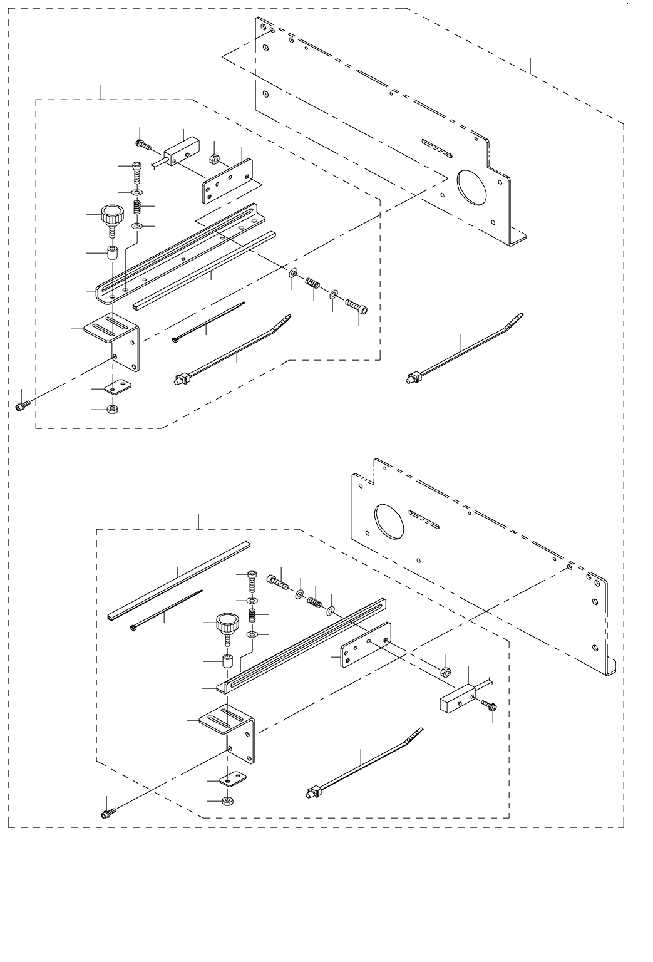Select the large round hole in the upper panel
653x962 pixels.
476,187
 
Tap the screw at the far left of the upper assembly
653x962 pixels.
22,406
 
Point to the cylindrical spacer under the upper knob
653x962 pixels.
113,254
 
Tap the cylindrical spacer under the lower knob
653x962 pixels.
228,661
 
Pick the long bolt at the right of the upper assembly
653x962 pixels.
356,307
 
